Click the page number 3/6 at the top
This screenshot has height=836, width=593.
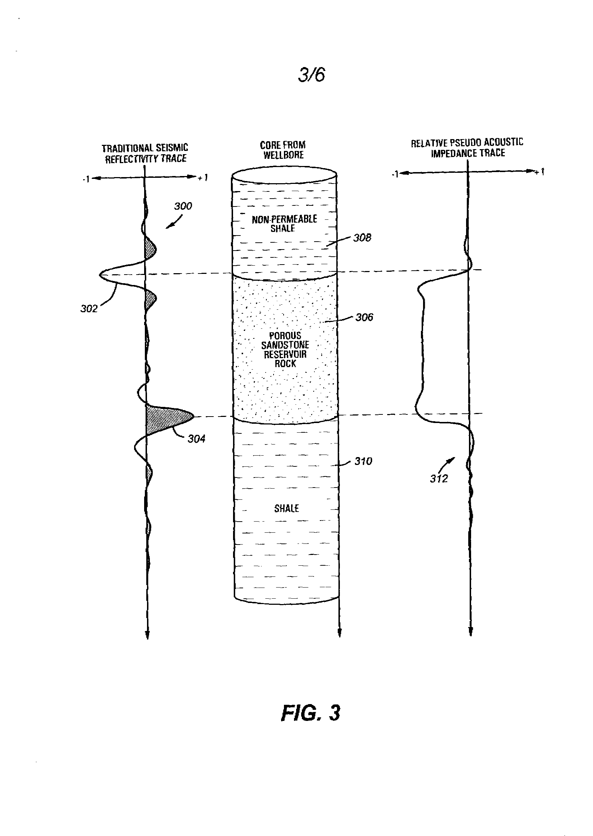[x=312, y=75]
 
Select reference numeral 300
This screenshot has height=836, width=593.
[x=183, y=206]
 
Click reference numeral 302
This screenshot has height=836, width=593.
[x=89, y=309]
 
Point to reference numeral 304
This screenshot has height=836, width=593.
[x=196, y=439]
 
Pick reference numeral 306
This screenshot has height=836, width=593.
[x=364, y=317]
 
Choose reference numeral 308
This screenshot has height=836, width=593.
[x=362, y=238]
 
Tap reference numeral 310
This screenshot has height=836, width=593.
[x=363, y=461]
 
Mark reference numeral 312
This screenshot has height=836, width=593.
[x=439, y=479]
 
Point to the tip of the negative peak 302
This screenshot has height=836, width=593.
[x=100, y=275]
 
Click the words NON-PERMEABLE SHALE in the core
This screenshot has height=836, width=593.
[x=284, y=224]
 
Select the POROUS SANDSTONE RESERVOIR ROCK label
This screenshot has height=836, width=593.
[x=285, y=350]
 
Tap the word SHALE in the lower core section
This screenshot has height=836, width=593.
[x=287, y=509]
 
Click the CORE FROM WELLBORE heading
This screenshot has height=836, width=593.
[x=283, y=150]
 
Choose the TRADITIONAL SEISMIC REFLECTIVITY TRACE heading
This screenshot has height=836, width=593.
[x=145, y=153]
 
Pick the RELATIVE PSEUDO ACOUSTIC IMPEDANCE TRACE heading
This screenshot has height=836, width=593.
[x=468, y=148]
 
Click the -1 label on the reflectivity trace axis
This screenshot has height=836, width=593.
[x=86, y=179]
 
